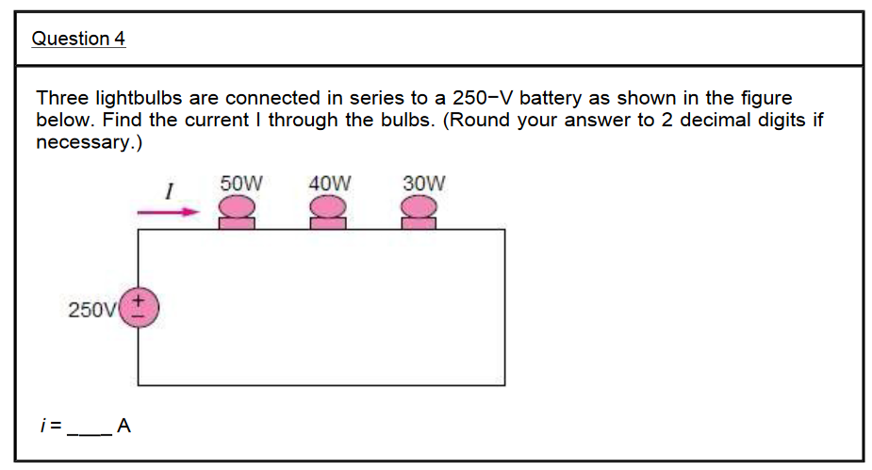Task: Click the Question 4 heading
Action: tap(78, 39)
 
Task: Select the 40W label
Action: tap(330, 183)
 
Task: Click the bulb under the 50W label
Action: tap(238, 213)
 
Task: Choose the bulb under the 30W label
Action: tap(419, 213)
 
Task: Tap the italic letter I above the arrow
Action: tap(169, 191)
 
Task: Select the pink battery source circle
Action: tap(139, 307)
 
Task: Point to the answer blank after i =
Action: tap(91, 429)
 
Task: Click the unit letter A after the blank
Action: tap(123, 427)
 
